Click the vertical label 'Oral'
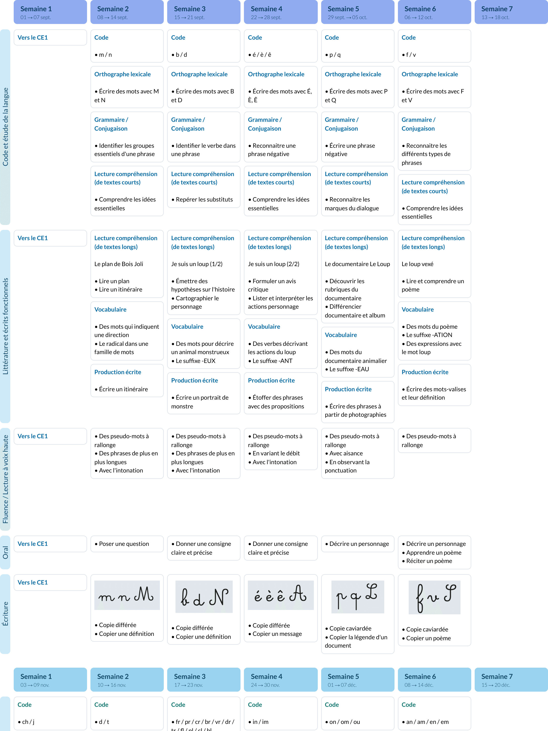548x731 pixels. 5,552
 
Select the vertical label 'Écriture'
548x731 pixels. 5,613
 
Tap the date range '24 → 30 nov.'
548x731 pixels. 265,685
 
